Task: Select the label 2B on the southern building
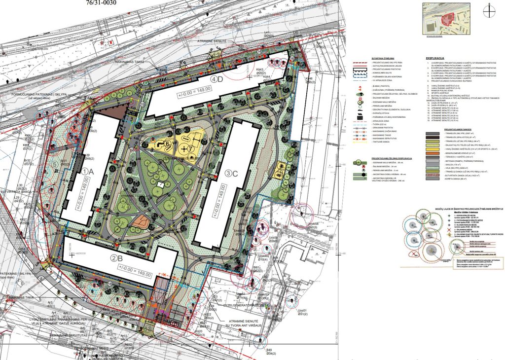click(116, 257)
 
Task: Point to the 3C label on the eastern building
click(231, 173)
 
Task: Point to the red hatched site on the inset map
click(446, 19)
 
